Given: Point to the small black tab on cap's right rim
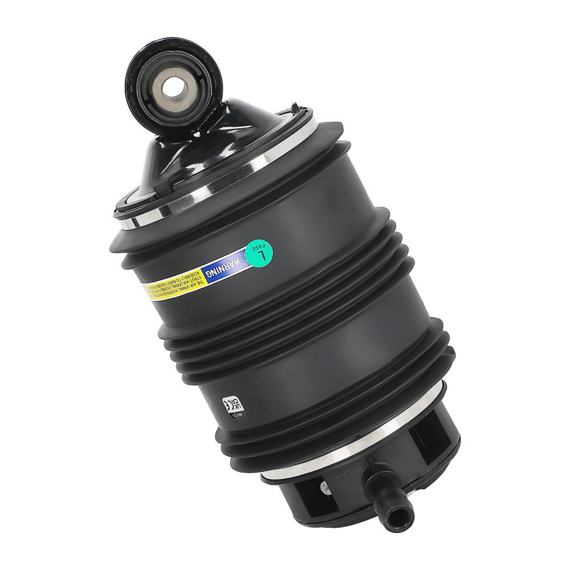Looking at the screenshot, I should pos(307,107).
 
